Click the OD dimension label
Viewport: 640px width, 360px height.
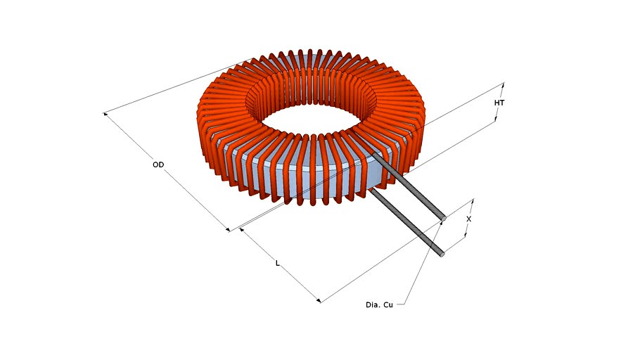coord(158,165)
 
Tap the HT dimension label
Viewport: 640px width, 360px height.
coord(499,103)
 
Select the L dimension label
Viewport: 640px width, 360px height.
coord(278,263)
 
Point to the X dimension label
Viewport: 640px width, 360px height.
coord(469,219)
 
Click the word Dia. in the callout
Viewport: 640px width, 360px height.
coord(373,304)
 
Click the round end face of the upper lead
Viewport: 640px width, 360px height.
coord(443,217)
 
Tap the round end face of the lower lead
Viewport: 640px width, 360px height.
coord(442,253)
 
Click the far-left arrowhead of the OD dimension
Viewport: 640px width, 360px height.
coord(105,113)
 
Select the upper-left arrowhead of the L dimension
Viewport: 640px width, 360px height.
coord(241,229)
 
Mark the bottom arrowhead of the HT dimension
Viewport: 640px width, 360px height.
coord(496,120)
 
